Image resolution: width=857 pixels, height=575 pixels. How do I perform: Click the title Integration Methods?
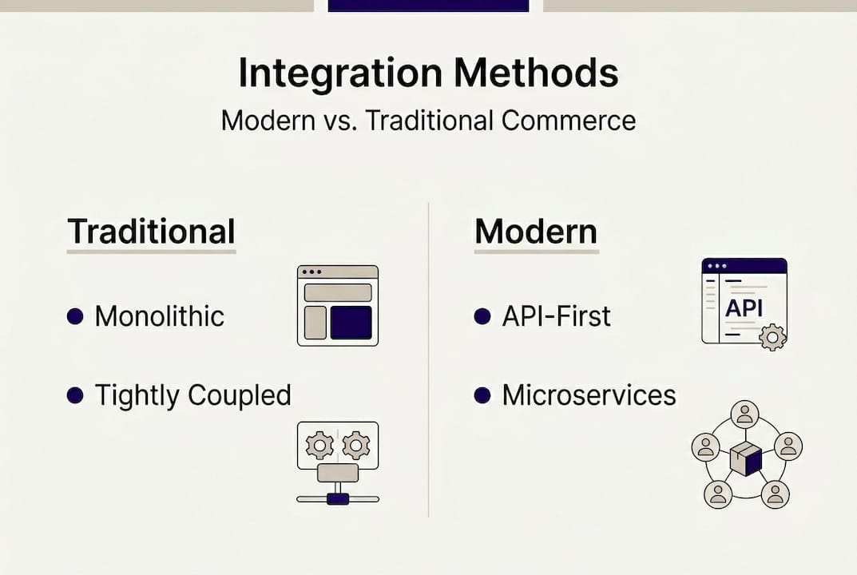point(428,73)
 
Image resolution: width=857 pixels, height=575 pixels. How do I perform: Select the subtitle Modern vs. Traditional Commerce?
point(428,121)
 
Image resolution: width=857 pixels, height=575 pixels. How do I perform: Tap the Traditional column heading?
point(151,232)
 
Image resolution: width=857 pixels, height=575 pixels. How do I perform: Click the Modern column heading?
point(536,232)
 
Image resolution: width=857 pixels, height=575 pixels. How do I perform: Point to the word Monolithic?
point(159,316)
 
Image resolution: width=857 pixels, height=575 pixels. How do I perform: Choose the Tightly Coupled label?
point(192,395)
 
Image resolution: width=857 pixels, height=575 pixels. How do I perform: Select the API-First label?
point(556,316)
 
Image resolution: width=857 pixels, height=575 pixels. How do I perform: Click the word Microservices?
point(589,395)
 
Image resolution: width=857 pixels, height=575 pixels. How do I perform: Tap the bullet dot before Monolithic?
point(75,317)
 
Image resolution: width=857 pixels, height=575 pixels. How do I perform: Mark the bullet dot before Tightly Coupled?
point(75,395)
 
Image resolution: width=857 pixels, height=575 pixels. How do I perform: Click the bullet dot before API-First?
point(482,317)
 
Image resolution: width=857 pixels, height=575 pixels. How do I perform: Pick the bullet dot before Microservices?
point(482,395)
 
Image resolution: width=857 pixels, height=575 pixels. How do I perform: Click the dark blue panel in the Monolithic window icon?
point(351,323)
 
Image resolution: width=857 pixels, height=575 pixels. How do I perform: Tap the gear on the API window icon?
point(772,337)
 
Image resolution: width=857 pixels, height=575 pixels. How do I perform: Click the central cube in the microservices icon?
point(745,459)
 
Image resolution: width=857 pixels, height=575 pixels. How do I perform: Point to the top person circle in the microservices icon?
point(745,414)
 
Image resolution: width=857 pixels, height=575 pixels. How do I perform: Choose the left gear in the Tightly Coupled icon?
point(319,443)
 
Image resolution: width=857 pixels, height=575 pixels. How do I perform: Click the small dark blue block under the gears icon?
point(338,498)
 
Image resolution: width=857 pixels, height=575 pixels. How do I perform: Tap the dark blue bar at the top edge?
point(428,6)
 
